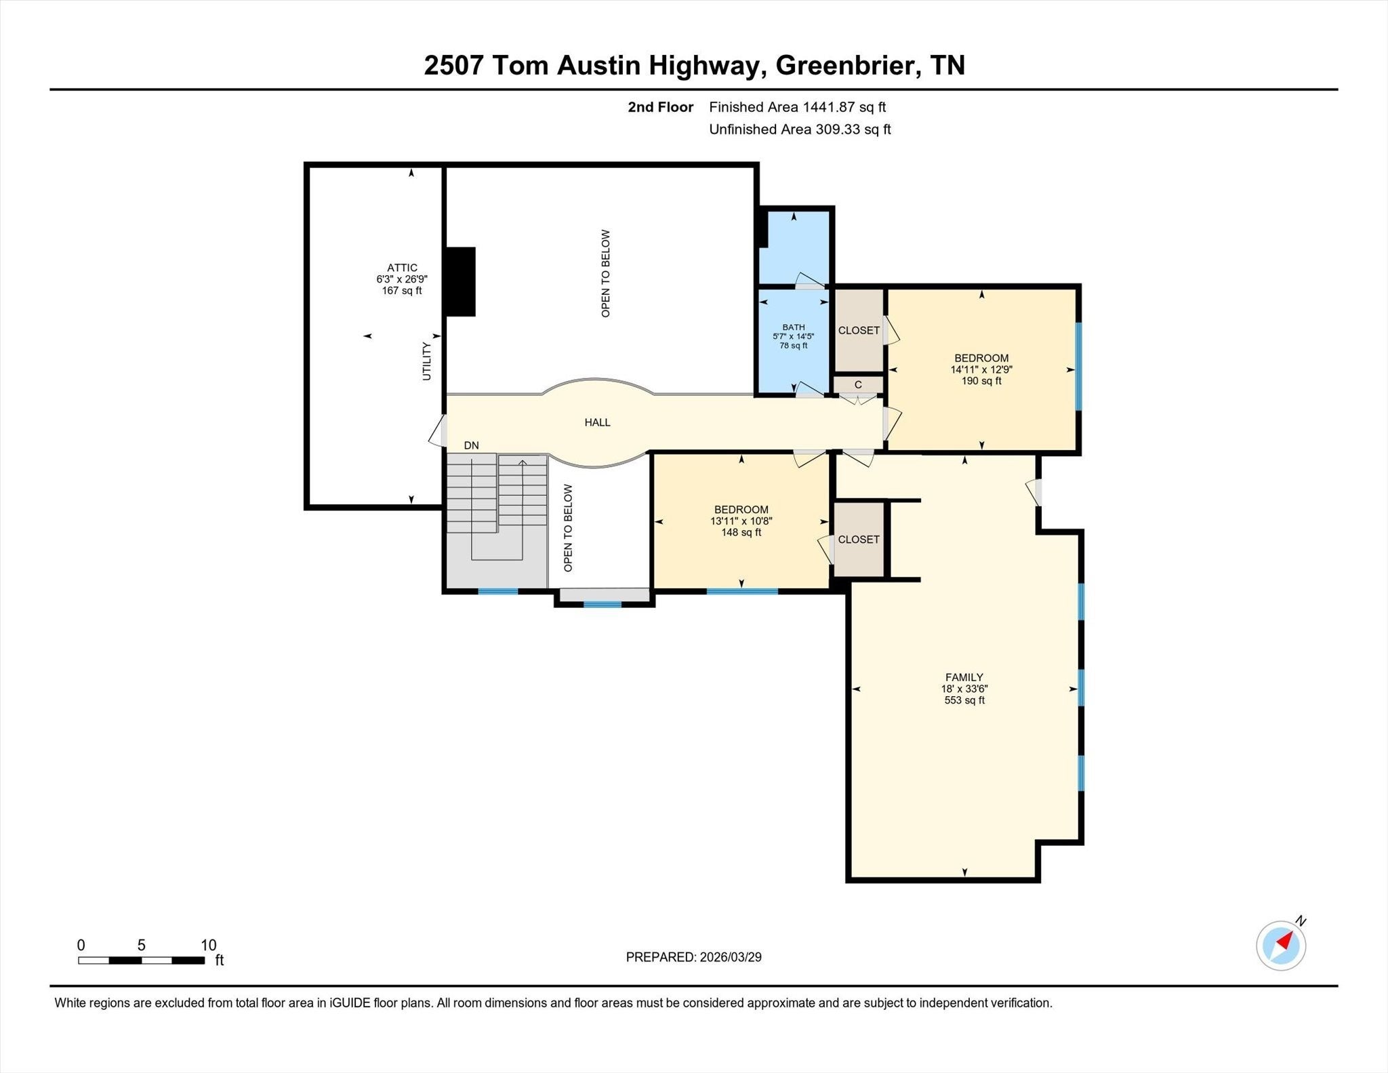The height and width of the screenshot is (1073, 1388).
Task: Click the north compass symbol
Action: [1281, 945]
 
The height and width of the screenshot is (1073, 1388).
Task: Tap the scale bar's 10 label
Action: [208, 945]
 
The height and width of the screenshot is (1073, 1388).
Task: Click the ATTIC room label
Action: [402, 268]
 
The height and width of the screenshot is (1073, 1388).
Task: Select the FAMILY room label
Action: [964, 677]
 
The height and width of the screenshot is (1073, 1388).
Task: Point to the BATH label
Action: [794, 327]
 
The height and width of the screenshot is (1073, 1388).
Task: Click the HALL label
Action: [597, 422]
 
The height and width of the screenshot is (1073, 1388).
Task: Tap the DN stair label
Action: [471, 445]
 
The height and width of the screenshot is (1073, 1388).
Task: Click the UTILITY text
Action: [426, 361]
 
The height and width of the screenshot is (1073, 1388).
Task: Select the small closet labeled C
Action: [858, 384]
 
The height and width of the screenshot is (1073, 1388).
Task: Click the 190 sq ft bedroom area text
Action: [981, 381]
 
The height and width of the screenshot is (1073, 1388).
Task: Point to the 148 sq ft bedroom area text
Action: [741, 533]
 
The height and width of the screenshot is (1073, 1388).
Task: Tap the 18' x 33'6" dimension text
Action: [964, 689]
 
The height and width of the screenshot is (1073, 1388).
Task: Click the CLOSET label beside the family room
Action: [859, 540]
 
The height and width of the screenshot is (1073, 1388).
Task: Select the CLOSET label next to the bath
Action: [859, 331]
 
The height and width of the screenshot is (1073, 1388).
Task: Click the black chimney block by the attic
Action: [460, 281]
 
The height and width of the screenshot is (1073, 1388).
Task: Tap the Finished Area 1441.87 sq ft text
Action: [798, 107]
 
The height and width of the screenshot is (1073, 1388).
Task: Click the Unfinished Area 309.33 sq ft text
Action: [800, 129]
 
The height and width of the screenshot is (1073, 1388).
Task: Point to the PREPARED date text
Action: [693, 957]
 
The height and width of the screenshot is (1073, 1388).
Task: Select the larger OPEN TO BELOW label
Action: [606, 273]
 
